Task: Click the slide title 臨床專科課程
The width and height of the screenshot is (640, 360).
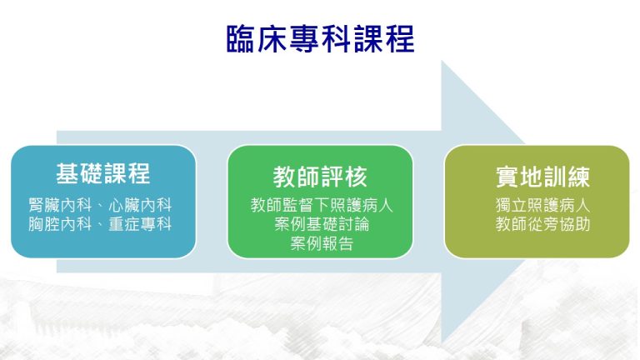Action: (320, 39)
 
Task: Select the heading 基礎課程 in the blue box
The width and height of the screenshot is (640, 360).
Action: (103, 173)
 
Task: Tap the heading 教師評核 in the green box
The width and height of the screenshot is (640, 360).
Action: (320, 177)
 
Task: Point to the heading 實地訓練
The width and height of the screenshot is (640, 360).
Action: (542, 177)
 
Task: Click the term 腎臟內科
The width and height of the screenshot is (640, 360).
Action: (60, 205)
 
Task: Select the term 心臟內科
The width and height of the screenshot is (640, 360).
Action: (140, 205)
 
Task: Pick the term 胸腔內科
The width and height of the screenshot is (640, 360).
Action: (60, 224)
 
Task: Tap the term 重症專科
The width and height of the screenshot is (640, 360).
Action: (140, 224)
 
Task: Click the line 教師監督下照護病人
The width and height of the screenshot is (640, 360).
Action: (322, 205)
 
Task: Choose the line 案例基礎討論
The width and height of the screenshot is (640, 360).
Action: (322, 224)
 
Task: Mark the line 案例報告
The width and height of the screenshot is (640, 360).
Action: (322, 243)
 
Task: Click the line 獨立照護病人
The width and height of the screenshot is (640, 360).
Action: (542, 205)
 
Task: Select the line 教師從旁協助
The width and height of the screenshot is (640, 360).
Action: (542, 224)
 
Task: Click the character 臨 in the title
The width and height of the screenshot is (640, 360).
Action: (242, 39)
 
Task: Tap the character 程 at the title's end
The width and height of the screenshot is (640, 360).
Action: (400, 39)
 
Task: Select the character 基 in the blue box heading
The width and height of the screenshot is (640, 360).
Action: (67, 173)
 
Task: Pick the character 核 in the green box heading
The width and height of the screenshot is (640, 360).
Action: (356, 177)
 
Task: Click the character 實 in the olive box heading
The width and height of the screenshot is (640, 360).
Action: (507, 177)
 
